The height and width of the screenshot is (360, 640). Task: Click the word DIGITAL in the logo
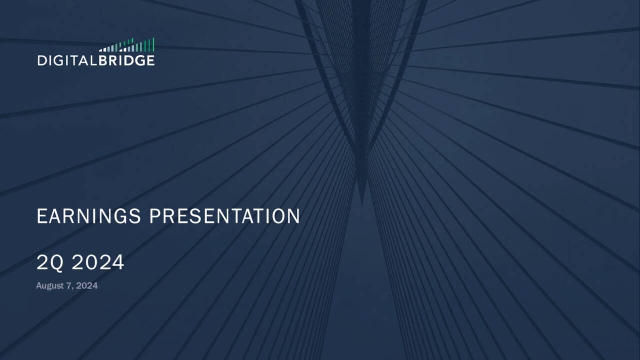pos(66,60)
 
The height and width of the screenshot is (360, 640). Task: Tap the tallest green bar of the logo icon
pos(153,44)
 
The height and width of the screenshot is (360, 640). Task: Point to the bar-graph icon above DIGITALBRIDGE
pos(128,46)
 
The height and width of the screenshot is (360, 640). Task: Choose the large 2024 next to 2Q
pos(98,264)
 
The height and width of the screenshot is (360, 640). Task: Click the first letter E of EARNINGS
pos(41,216)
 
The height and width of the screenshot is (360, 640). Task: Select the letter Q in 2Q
pos(56,264)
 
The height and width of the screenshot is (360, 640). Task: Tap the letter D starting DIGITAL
pos(40,60)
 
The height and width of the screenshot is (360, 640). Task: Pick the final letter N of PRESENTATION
pos(294,216)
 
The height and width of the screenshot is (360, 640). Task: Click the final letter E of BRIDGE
pos(151,60)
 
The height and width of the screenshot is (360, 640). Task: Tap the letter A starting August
pos(38,287)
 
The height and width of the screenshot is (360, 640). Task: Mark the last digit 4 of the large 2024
pos(118,264)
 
